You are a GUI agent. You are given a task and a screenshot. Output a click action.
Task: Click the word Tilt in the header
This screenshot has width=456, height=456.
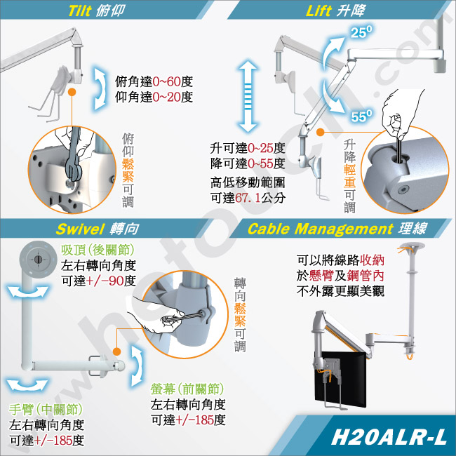pos(80,11)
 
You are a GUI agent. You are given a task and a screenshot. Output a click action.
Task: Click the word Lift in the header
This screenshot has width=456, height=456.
pos(318,11)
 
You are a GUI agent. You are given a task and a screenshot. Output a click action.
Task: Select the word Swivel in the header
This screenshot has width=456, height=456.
pos(80,229)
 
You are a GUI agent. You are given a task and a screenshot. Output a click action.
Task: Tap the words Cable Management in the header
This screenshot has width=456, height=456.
pos(320,229)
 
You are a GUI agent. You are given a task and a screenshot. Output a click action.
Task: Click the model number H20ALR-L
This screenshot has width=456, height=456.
pos(389,437)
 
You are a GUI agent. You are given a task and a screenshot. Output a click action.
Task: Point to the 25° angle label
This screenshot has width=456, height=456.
pos(361,32)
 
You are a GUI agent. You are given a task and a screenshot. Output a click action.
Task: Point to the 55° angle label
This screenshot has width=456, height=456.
pos(361,116)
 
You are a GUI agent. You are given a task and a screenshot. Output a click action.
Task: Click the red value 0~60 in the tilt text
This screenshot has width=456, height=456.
pos(166,82)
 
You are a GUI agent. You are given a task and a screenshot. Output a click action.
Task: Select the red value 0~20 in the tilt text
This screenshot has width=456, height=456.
pos(166,97)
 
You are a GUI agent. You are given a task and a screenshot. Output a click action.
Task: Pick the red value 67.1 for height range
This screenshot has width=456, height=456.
pos(248,198)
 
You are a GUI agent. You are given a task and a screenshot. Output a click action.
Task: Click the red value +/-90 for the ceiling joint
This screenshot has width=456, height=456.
pos(105,281)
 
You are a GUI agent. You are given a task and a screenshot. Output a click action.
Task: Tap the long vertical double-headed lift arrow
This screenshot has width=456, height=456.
pos(248,96)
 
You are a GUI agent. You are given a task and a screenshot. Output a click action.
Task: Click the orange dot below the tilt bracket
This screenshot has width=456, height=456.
pos(72,92)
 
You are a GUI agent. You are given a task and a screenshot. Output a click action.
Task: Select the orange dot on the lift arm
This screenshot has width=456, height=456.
pos(320,132)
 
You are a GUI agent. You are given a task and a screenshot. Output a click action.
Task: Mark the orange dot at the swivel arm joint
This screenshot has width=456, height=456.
pos(116,351)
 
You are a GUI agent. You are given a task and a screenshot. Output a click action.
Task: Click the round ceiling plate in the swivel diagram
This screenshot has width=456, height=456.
pos(38,260)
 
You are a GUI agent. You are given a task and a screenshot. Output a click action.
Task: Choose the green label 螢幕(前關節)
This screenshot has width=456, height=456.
pos(187,389)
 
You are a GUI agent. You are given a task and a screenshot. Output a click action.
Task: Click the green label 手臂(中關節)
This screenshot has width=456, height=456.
pos(46,410)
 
